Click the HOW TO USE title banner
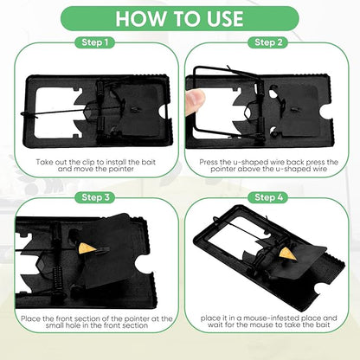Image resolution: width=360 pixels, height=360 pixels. [x=180, y=19]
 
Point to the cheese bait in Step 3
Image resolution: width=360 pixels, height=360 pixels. [x=86, y=248]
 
